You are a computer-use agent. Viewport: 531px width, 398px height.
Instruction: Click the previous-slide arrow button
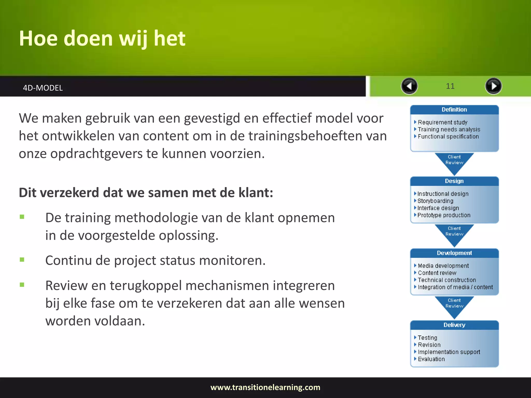[x=409, y=86]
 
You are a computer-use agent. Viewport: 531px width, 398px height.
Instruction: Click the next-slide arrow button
[x=493, y=86]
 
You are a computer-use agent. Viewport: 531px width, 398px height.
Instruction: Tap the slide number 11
[x=450, y=86]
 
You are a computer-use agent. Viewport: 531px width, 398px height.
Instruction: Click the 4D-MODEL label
[x=43, y=88]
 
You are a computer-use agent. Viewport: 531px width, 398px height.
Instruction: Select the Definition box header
[x=454, y=110]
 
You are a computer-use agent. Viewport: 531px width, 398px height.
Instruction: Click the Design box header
[x=454, y=181]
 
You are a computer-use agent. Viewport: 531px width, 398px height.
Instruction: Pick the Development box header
[x=454, y=253]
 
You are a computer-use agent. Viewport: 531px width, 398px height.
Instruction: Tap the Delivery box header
[x=454, y=325]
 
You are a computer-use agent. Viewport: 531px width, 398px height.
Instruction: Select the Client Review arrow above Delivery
[x=454, y=304]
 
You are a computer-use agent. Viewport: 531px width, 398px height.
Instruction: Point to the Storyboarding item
[x=435, y=201]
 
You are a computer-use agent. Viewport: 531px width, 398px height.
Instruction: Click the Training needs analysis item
[x=449, y=129]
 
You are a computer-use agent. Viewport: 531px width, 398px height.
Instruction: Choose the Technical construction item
[x=447, y=280]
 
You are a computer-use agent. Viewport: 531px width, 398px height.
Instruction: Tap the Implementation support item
[x=449, y=352]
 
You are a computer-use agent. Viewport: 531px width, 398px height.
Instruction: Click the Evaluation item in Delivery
[x=431, y=359]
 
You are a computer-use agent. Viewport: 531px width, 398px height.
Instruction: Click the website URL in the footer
[x=265, y=387]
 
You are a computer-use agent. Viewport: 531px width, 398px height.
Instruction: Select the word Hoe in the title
[x=38, y=38]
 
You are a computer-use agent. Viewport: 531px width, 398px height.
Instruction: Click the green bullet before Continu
[x=22, y=260]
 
